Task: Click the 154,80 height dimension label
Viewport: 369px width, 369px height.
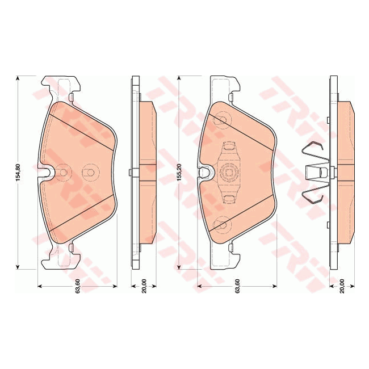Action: coord(18,172)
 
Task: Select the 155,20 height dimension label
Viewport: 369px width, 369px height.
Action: coord(179,172)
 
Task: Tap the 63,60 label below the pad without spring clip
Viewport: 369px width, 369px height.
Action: coord(77,286)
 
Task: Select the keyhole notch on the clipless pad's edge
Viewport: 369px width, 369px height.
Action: coord(47,173)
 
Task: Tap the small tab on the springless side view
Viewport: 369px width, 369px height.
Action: coord(131,173)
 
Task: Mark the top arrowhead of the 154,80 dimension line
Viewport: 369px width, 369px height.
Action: coord(18,78)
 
